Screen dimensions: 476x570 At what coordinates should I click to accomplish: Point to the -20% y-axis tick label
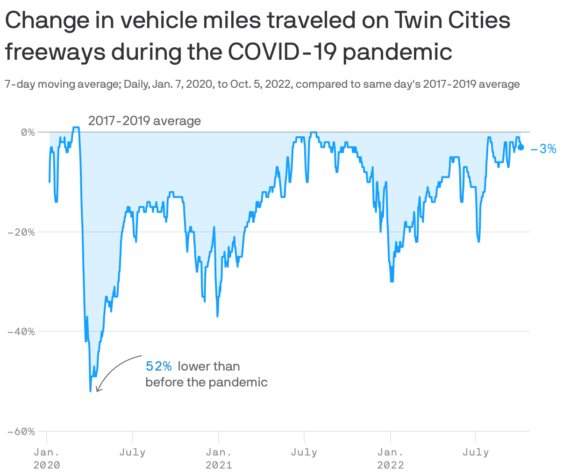(21, 232)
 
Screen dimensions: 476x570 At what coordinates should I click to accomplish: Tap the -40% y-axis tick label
(21, 331)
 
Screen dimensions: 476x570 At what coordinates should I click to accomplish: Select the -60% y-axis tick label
(21, 431)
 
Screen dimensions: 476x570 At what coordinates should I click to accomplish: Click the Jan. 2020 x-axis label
(47, 458)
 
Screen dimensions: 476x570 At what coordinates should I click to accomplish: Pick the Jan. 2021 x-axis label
(219, 458)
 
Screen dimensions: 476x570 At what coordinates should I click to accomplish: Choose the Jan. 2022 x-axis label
(391, 458)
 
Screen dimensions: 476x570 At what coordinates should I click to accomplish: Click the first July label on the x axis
(132, 452)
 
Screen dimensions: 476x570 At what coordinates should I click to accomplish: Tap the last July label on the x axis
(476, 452)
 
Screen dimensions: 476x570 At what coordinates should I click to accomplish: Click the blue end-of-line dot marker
(521, 147)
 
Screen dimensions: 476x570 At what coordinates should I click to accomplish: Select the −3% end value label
(543, 149)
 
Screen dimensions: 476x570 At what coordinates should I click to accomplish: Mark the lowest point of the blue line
(90, 391)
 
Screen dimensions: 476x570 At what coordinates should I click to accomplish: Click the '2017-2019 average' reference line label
(144, 121)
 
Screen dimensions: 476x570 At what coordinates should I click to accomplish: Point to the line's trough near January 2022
(392, 281)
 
